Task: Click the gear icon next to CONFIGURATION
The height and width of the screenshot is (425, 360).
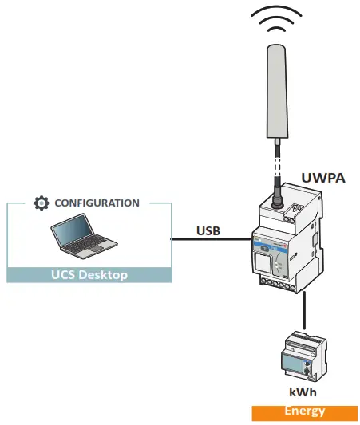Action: (x=42, y=203)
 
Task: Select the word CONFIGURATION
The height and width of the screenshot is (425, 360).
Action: (x=97, y=203)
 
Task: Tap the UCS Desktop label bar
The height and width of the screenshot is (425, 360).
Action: (x=89, y=275)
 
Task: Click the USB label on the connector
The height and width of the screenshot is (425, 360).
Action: (x=210, y=231)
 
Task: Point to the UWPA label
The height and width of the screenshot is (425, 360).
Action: (x=322, y=178)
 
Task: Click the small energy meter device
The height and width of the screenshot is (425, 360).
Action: (x=301, y=356)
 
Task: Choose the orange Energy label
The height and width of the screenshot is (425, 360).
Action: (x=304, y=411)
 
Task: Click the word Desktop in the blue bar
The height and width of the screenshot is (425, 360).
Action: (x=106, y=275)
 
